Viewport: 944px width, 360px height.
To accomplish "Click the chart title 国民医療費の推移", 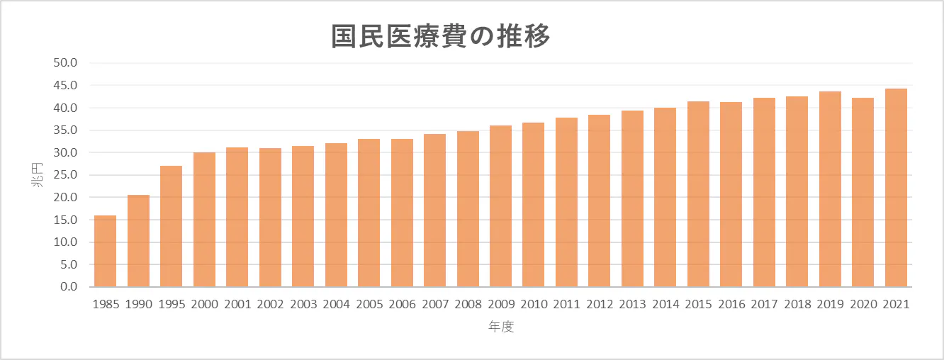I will click(441, 36).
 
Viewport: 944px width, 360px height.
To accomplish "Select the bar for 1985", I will click(105, 251).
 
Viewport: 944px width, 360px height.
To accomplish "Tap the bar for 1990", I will click(138, 241).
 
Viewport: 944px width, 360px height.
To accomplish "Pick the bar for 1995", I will click(172, 226).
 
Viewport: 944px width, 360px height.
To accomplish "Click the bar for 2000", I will click(204, 220).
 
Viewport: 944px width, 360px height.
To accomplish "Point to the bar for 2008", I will click(468, 209).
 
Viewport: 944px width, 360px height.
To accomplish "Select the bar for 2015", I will click(698, 194).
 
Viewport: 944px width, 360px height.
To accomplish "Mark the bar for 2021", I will click(896, 188).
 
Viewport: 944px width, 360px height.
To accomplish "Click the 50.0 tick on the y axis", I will click(69, 63).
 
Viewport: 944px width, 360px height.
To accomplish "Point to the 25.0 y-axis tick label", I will click(69, 175).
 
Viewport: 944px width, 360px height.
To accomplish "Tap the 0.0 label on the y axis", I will click(72, 287).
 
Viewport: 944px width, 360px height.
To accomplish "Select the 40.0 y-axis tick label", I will click(69, 108).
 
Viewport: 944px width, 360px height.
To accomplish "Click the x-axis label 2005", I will click(369, 304).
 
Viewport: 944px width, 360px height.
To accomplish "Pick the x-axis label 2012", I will click(600, 304).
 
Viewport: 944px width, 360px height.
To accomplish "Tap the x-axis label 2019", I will click(830, 304).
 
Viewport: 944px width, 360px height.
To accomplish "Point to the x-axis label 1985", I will click(105, 304).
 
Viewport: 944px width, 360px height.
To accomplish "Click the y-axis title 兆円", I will click(36, 175).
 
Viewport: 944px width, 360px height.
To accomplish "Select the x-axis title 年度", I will click(500, 327).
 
